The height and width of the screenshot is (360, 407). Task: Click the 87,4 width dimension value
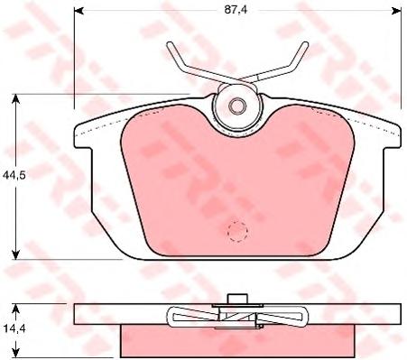click(x=236, y=10)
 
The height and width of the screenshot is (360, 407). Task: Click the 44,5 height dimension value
click(x=14, y=175)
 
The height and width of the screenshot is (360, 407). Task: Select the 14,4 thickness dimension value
click(x=14, y=328)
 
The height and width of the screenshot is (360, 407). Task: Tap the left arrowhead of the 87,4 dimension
click(x=79, y=11)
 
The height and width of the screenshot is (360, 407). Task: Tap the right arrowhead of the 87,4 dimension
click(x=397, y=11)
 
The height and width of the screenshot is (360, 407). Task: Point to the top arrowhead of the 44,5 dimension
click(x=15, y=98)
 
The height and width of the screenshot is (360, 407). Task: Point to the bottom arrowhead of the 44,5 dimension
click(x=15, y=254)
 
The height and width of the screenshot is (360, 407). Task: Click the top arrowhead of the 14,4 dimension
click(x=16, y=309)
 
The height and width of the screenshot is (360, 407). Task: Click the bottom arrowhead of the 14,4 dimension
click(x=16, y=353)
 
